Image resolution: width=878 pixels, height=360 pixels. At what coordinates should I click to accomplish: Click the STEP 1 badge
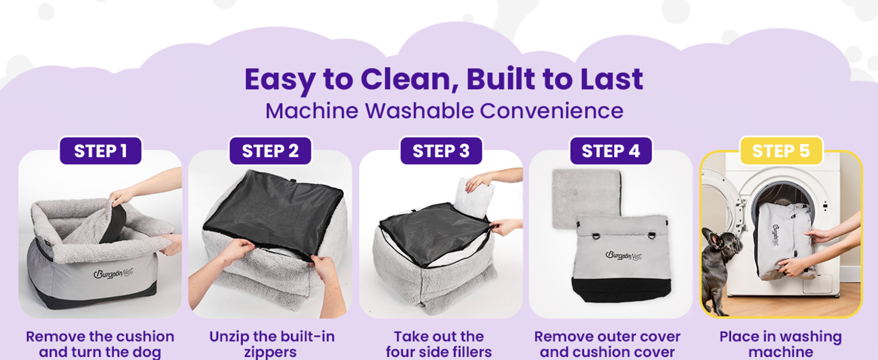[100, 151]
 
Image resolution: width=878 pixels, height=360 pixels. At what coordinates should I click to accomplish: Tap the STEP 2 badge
[270, 151]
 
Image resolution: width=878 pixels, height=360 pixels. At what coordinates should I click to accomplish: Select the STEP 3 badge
[441, 151]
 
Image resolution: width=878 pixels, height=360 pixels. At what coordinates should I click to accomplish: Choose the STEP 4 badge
[611, 151]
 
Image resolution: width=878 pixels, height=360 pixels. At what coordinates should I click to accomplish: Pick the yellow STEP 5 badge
[781, 151]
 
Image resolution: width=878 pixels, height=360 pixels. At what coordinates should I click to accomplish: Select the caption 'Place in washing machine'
[780, 344]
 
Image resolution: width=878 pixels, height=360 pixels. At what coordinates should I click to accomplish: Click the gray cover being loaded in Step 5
[783, 240]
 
